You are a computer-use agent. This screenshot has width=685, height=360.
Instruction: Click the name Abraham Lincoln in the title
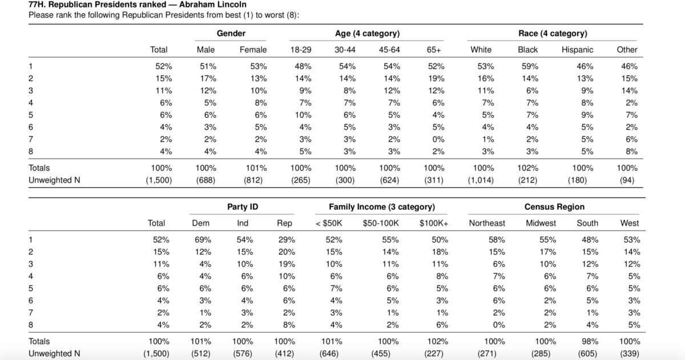(212, 5)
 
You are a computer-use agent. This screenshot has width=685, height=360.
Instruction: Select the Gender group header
(231, 33)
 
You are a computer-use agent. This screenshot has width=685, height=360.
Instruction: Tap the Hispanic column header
(577, 50)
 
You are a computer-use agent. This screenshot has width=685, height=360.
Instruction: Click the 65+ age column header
(434, 50)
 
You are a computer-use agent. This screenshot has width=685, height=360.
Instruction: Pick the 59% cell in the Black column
(530, 66)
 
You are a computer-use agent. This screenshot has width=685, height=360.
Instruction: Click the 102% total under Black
(527, 168)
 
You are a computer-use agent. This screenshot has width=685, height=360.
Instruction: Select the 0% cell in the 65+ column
(438, 139)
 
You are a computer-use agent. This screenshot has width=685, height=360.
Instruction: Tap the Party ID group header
(243, 207)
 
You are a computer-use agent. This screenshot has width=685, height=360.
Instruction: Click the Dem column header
(200, 223)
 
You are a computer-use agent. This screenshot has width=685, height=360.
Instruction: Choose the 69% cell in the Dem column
(203, 240)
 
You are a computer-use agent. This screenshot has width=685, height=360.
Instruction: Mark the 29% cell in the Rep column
(287, 240)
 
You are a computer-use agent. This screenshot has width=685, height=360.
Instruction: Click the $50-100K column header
(381, 223)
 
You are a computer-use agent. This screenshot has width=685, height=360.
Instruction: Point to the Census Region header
(554, 207)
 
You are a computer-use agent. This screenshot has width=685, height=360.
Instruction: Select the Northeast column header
(487, 223)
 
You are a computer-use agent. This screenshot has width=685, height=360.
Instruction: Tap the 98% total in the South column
(590, 341)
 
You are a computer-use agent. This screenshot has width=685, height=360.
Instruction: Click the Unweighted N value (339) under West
(629, 354)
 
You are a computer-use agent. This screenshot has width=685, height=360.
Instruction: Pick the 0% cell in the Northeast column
(498, 325)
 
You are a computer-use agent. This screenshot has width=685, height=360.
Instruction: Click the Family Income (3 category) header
(382, 207)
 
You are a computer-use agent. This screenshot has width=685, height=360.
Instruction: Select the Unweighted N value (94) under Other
(627, 180)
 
